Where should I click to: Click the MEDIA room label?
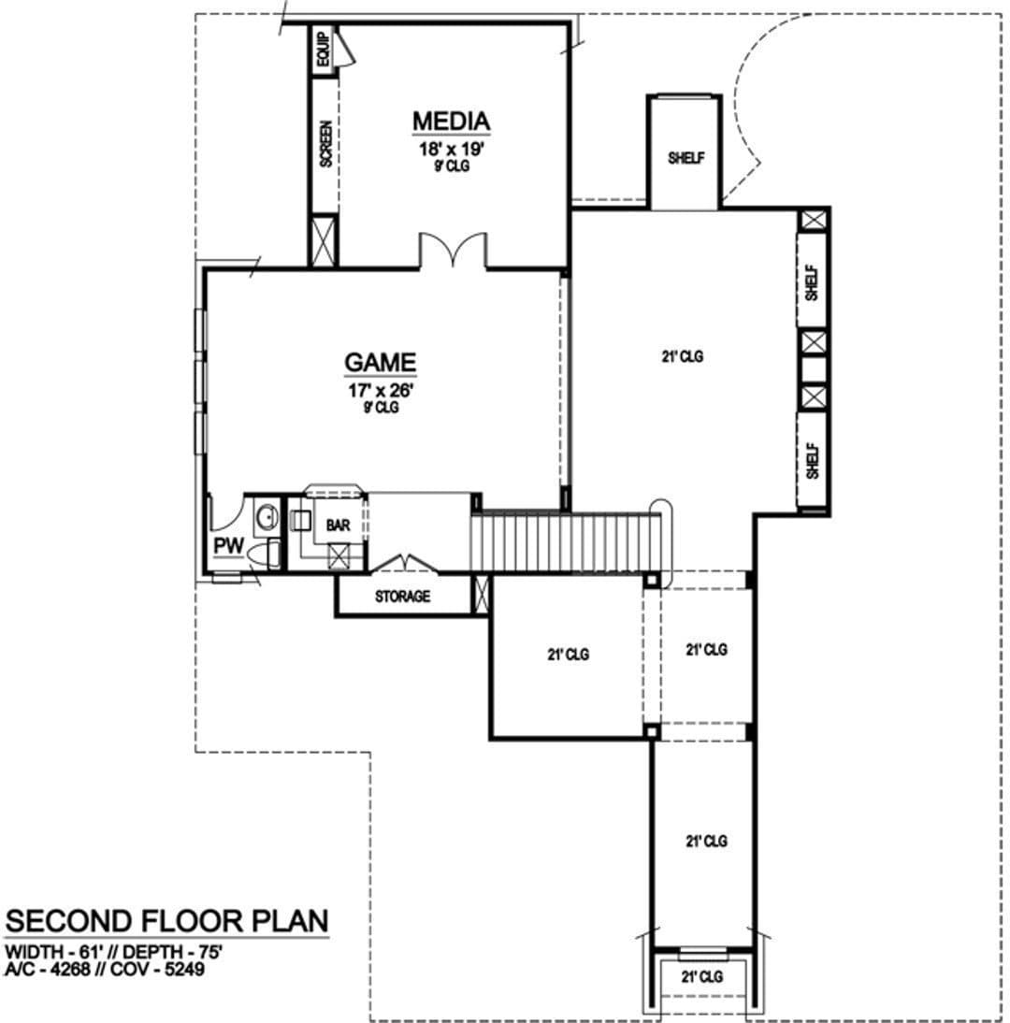point(451,122)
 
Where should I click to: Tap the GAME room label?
point(381,363)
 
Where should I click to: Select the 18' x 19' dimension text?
point(451,150)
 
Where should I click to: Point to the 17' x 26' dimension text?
point(381,391)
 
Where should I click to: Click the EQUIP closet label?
point(323,49)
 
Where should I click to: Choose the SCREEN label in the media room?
point(325,144)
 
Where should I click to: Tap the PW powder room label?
point(229,546)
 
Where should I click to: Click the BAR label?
point(338,526)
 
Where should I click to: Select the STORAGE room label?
point(402,597)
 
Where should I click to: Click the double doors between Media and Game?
point(453,252)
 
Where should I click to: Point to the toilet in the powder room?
point(265,554)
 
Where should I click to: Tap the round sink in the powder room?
point(267,517)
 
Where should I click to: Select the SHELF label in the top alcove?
point(686,158)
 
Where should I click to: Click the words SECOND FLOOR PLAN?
point(167,921)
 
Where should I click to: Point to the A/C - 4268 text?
point(47,970)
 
